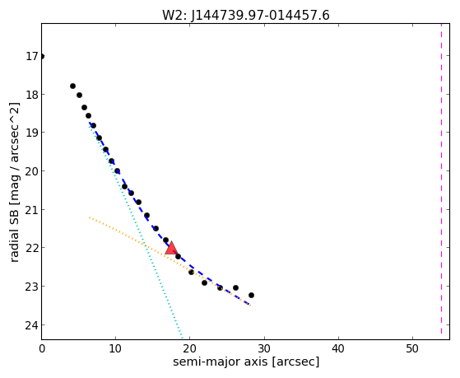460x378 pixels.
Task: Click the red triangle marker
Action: pyautogui.click(x=171, y=249)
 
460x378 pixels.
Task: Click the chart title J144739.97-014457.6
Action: pyautogui.click(x=260, y=16)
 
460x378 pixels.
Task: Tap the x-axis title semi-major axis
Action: pyautogui.click(x=220, y=362)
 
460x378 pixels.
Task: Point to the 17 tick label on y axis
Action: pyautogui.click(x=32, y=56)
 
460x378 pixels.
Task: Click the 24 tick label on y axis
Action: pyautogui.click(x=32, y=324)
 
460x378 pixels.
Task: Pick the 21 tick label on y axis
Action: pyautogui.click(x=32, y=210)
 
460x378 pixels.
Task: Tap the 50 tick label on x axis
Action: pyautogui.click(x=412, y=349)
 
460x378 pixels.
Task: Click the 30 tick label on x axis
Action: pyautogui.click(x=264, y=349)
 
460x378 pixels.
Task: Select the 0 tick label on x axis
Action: pyautogui.click(x=42, y=349)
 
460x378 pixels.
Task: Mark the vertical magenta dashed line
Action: pyautogui.click(x=441, y=179)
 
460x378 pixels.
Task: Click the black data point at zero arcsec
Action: pyautogui.click(x=42, y=56)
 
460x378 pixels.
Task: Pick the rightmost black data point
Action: pyautogui.click(x=251, y=295)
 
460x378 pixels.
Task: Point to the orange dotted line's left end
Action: pyautogui.click(x=89, y=217)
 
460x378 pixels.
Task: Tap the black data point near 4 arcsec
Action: pyautogui.click(x=72, y=86)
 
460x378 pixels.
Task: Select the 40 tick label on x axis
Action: pyautogui.click(x=338, y=349)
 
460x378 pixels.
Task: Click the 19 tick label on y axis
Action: pyautogui.click(x=32, y=133)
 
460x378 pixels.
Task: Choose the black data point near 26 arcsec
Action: pyautogui.click(x=235, y=288)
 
